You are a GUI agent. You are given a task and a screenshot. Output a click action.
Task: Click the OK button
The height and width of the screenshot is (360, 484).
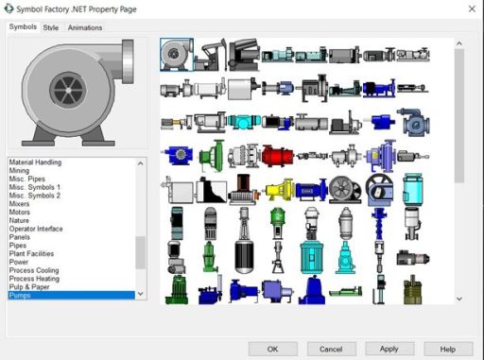(272, 349)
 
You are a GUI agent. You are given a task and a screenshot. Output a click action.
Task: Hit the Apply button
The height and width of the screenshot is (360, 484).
(389, 349)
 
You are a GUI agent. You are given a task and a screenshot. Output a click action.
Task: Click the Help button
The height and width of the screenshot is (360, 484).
(448, 349)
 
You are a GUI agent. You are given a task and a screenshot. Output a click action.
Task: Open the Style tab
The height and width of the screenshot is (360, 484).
(51, 27)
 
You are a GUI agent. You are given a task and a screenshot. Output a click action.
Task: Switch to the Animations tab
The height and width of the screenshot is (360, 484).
(85, 27)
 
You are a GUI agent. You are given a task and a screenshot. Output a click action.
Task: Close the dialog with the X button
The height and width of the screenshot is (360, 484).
(472, 9)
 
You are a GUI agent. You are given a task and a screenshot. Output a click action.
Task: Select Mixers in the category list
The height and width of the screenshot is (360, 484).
(19, 204)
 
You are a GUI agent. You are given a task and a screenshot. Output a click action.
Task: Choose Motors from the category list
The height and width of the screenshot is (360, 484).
(20, 212)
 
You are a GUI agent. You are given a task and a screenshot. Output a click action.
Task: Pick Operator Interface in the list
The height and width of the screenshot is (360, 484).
(36, 229)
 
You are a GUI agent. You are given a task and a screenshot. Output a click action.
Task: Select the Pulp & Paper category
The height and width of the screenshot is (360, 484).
(29, 287)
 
